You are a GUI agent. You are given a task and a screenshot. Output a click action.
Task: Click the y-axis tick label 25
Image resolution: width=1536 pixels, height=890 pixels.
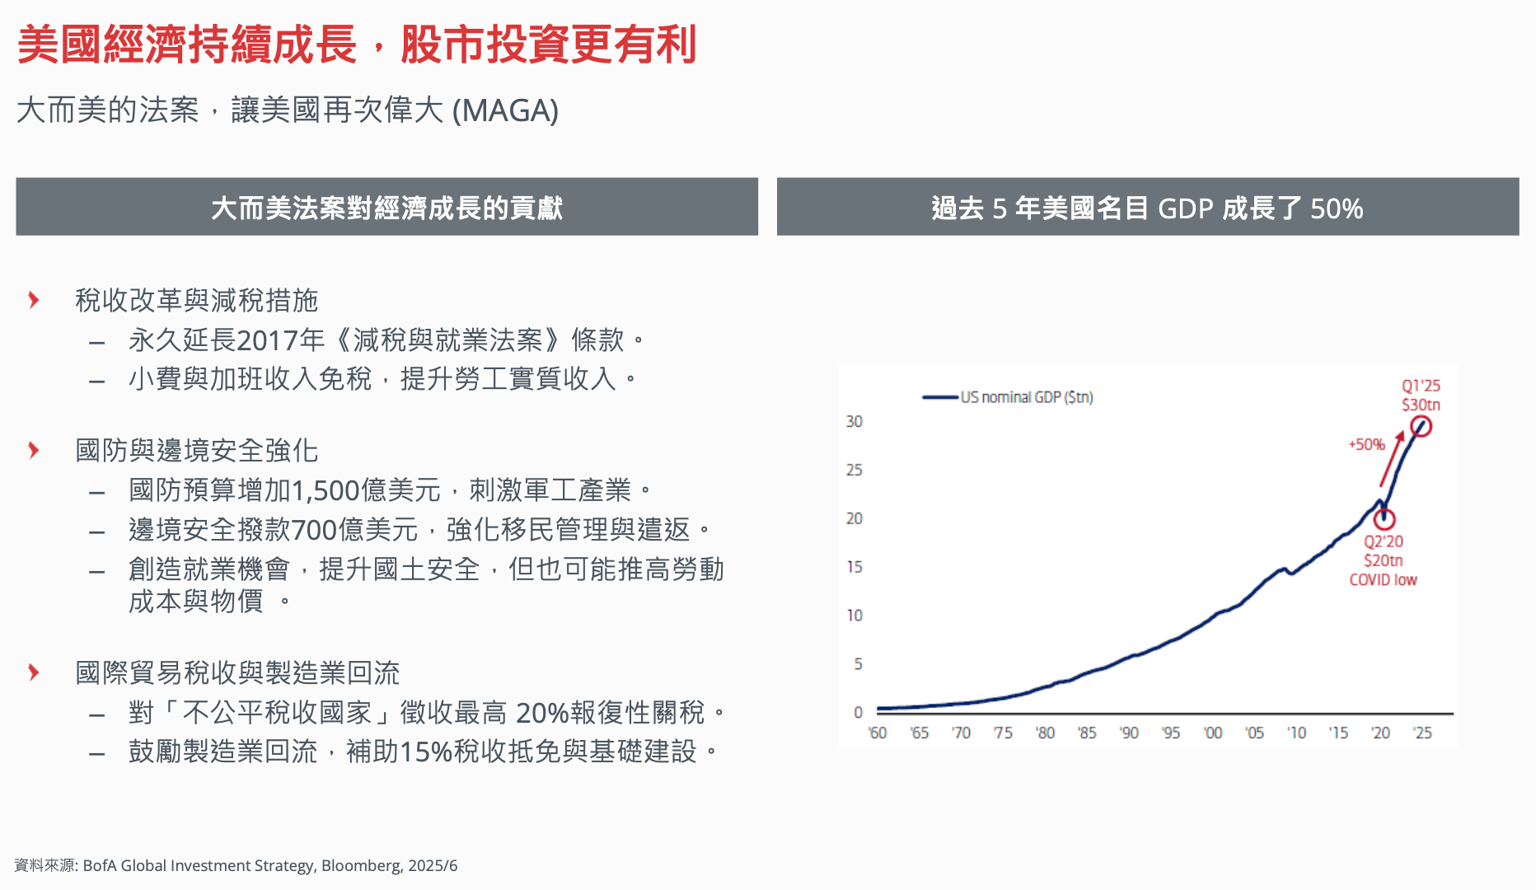point(855,470)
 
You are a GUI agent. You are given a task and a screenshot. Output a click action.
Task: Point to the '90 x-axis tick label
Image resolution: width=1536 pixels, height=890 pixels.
point(1129,733)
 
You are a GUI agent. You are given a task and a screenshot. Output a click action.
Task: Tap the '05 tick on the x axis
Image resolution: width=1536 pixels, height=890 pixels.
point(1254,733)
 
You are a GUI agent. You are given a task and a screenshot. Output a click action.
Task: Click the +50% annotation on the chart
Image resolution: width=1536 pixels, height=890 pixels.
point(1366,445)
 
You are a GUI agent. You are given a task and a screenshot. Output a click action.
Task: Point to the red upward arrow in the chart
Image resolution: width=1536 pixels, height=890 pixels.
point(1392,458)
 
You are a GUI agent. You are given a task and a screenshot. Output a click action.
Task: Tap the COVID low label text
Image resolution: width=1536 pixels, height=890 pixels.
point(1384,579)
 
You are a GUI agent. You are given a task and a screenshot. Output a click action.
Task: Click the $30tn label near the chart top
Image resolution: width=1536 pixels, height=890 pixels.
point(1421,405)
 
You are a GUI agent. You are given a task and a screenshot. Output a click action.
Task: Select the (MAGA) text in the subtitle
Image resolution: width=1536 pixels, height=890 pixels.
point(506,110)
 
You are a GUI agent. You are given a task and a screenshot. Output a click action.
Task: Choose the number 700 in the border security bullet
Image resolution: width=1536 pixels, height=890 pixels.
point(315,530)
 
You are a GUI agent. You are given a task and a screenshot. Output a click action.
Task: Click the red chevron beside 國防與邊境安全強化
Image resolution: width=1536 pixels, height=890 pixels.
point(34,450)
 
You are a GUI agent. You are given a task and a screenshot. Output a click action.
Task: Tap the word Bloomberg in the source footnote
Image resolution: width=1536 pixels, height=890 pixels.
point(361,866)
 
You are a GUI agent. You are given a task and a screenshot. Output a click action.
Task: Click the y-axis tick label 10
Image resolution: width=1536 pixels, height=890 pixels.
point(855,616)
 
